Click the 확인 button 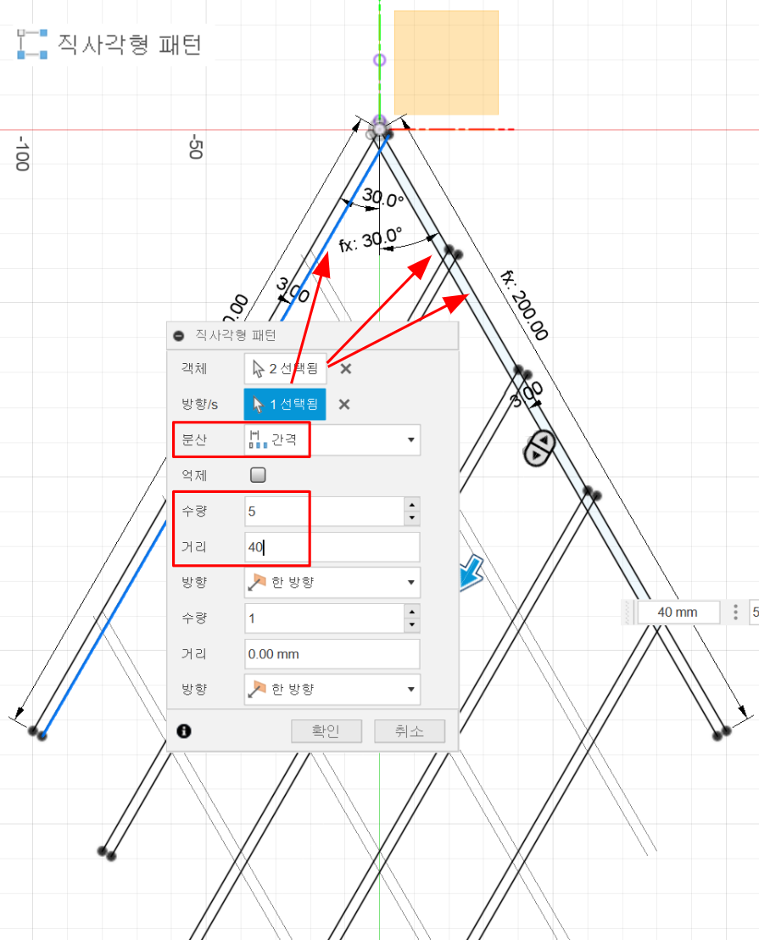click(x=326, y=731)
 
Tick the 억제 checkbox click(x=259, y=475)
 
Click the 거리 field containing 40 click(x=332, y=547)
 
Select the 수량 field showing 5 click(x=323, y=512)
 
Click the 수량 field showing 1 click(x=323, y=618)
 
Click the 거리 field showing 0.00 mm click(x=332, y=654)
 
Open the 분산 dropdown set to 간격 click(x=332, y=439)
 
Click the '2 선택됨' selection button click(x=286, y=368)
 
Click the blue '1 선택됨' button click(x=286, y=404)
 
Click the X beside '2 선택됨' click(x=345, y=368)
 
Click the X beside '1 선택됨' click(x=344, y=404)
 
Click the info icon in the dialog click(x=184, y=730)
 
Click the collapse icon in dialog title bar click(x=179, y=335)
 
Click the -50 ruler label click(x=195, y=146)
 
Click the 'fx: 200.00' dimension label click(x=524, y=305)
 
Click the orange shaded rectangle click(x=446, y=63)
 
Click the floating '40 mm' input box click(x=678, y=612)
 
